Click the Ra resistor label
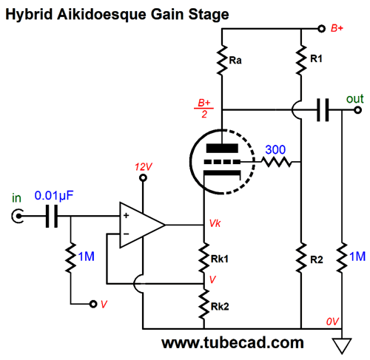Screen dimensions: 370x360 (235, 61)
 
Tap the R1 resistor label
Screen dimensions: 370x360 (316, 58)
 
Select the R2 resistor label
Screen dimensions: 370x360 (317, 259)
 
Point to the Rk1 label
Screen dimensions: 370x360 (220, 259)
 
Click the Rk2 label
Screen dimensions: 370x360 (220, 307)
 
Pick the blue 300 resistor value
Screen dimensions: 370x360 (275, 149)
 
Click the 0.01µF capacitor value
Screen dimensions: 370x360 (54, 195)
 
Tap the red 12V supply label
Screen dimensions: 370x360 (144, 167)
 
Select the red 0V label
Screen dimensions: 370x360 (332, 322)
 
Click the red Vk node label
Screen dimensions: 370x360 (215, 223)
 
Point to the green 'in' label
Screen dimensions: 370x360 (16, 198)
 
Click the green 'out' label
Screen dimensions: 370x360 (355, 99)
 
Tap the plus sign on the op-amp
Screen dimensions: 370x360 (127, 215)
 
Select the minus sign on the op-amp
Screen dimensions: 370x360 (127, 234)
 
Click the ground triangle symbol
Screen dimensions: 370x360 (342, 346)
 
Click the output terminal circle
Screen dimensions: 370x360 (358, 110)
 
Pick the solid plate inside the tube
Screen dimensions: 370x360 (222, 148)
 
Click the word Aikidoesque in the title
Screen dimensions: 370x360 (102, 14)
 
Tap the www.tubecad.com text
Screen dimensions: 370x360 (232, 342)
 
